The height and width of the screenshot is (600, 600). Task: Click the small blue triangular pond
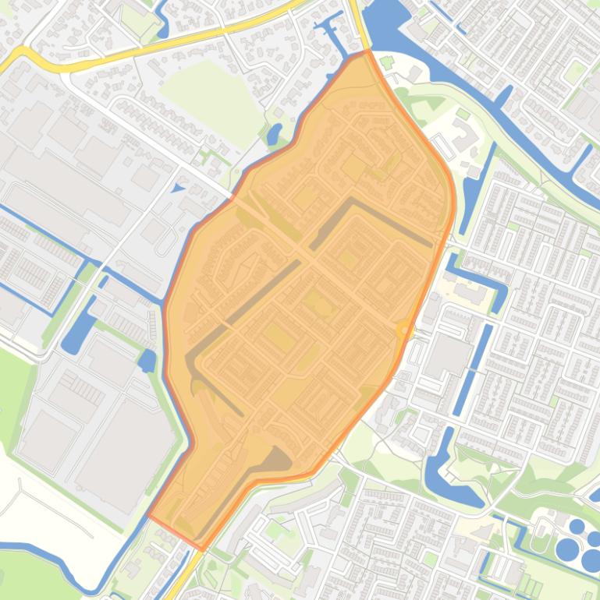[178, 188]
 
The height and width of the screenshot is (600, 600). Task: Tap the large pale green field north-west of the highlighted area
[211, 94]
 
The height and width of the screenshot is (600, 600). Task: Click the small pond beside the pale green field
[274, 135]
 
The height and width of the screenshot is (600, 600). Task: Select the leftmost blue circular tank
[567, 549]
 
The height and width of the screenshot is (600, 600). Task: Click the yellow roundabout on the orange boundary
[403, 330]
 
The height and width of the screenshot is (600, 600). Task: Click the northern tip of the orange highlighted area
[367, 52]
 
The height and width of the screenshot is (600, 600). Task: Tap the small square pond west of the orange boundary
[146, 360]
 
